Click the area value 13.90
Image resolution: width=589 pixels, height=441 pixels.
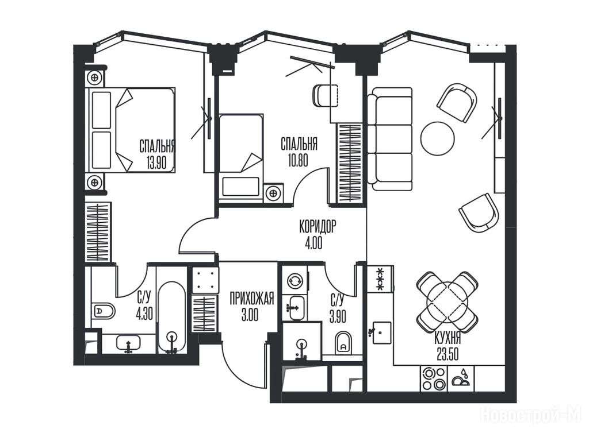click(x=156, y=163)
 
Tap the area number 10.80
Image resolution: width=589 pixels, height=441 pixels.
click(x=299, y=161)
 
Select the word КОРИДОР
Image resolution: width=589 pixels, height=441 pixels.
click(x=318, y=226)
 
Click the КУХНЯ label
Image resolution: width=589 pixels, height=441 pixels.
click(x=448, y=339)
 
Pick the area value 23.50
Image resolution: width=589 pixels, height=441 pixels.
click(x=448, y=354)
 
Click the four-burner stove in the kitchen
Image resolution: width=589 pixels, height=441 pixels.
click(x=434, y=379)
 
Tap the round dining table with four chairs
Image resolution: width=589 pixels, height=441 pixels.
click(x=448, y=302)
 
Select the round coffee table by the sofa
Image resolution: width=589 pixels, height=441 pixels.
click(x=437, y=138)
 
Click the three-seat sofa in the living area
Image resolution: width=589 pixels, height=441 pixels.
click(x=389, y=139)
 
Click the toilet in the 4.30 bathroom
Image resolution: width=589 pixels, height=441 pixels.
click(x=103, y=311)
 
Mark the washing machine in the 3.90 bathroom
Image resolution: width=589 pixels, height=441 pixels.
click(x=294, y=280)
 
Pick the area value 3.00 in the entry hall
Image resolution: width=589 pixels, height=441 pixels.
click(x=250, y=315)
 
